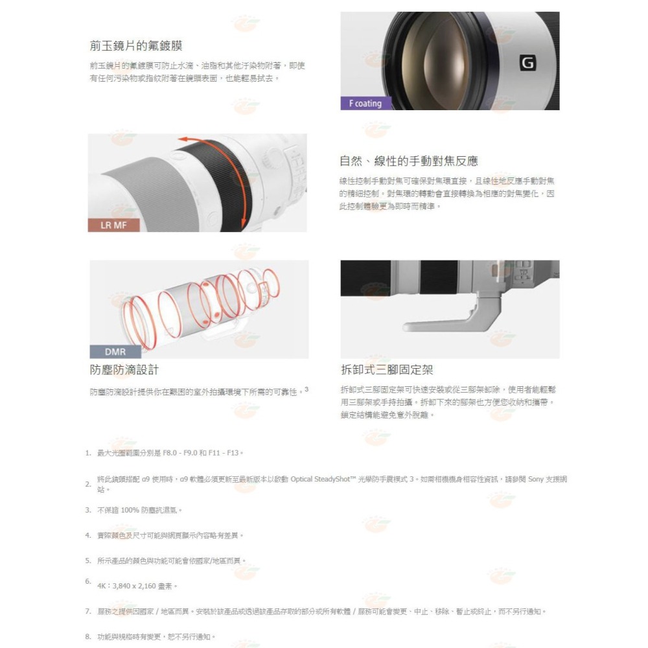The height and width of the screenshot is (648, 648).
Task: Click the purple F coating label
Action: coord(365,103)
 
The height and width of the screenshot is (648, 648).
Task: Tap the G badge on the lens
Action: coord(528,63)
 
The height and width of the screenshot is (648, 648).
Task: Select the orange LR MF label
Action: coord(113,226)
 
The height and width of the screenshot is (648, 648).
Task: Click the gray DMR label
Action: coord(115,352)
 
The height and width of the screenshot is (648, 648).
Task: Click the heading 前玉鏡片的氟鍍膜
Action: coord(136,46)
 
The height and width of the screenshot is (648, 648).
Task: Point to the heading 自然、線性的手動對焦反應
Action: coord(409,161)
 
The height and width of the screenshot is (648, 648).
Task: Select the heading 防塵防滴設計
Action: coord(124,370)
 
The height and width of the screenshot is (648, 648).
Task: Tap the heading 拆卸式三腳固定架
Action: coord(387,370)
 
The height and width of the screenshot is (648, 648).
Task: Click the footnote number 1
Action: coord(87,452)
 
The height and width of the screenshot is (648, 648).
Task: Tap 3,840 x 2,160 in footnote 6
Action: coord(138,586)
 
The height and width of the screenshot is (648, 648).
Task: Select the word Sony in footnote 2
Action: coord(535,480)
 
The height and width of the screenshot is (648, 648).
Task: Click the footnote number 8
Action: coord(87,636)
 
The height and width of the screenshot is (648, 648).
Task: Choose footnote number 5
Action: coord(87,560)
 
